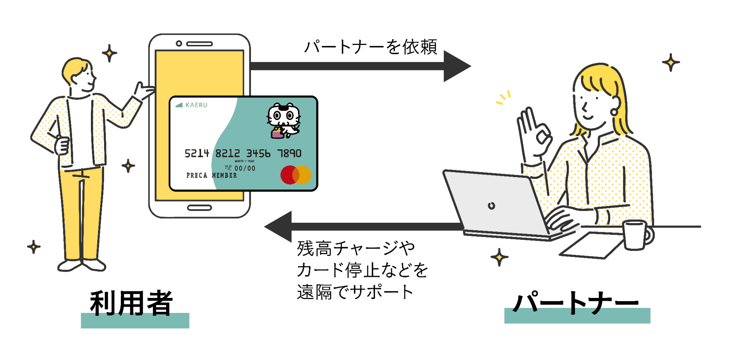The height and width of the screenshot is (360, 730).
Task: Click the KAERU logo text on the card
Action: [196, 105]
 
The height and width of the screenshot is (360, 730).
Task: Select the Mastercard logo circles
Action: [296, 175]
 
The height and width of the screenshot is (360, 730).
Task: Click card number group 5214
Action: [197, 153]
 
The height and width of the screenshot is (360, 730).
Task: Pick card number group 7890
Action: [289, 153]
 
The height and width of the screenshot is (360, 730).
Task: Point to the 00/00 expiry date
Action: [245, 168]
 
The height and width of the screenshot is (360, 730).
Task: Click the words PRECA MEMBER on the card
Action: [211, 176]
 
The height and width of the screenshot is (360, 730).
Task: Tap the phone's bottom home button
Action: [199, 208]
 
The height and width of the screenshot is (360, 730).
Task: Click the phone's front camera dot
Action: [179, 43]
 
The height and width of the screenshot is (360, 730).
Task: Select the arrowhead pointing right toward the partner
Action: [456, 66]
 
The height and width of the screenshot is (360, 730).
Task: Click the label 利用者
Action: [131, 303]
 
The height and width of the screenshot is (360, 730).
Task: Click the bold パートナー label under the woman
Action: [576, 303]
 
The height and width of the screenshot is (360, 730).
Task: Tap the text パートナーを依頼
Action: [371, 47]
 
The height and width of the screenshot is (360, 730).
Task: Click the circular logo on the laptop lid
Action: [492, 206]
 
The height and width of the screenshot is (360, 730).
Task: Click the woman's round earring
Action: [614, 111]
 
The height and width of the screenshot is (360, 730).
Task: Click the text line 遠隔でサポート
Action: [355, 292]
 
